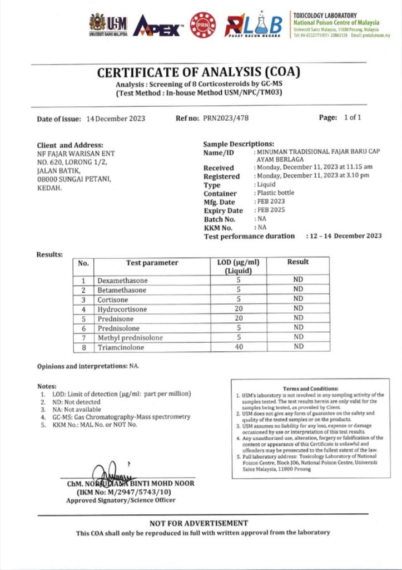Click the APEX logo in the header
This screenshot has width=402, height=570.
coord(157,25)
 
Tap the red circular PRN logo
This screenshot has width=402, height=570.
coord(203,25)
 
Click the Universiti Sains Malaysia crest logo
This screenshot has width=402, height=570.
coord(97,22)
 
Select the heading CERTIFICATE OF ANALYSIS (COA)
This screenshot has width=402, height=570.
coord(198,72)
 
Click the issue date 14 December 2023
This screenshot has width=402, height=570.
coord(116,119)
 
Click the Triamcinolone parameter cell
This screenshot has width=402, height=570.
coord(121,347)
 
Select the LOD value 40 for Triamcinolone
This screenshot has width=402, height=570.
coord(238,347)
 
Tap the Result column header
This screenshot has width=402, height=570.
coord(298,262)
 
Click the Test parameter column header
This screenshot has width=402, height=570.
coord(152,263)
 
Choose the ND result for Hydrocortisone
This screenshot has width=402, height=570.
coord(299,308)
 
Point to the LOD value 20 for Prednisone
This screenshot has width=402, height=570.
coord(238,318)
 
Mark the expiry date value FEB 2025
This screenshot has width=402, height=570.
coord(271,210)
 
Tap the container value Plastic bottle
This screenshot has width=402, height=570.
coord(276,193)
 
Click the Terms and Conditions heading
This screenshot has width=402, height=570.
coord(310,389)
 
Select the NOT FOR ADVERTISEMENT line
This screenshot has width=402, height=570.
coord(198,523)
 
